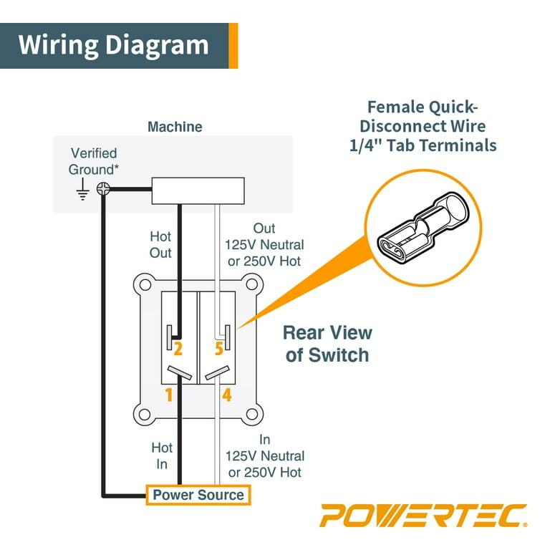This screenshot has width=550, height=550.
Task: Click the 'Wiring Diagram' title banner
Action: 115,44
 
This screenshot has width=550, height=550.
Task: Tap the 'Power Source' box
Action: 198,495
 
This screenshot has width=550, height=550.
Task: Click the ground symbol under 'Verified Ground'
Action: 82,189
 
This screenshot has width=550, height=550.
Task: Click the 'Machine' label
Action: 175,127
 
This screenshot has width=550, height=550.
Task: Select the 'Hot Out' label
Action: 160,244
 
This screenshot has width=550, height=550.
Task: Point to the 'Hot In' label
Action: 162,455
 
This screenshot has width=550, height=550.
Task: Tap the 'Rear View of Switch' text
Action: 327,343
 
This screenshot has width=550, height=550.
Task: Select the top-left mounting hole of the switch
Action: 146,284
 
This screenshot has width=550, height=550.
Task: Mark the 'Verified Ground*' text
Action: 92,161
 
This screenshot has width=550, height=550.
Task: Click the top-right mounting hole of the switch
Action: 251,284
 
